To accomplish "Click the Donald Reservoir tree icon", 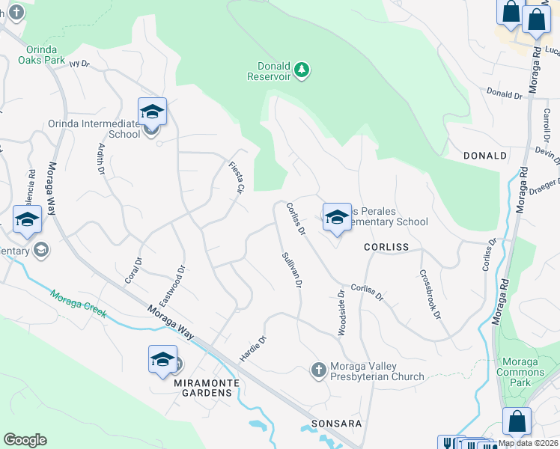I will point(302,70).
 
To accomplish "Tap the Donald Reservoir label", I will point(273,70).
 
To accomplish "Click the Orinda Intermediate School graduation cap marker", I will point(152,112).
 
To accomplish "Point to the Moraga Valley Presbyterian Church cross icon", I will point(318,370).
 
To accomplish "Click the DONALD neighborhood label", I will point(485,156).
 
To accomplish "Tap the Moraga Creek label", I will point(79,303).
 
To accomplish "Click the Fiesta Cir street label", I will point(236,179).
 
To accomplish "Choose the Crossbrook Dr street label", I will point(429,294).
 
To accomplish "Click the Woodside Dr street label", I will point(341,314).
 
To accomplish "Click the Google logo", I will point(25,440).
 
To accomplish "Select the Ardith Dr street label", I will point(100,159).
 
